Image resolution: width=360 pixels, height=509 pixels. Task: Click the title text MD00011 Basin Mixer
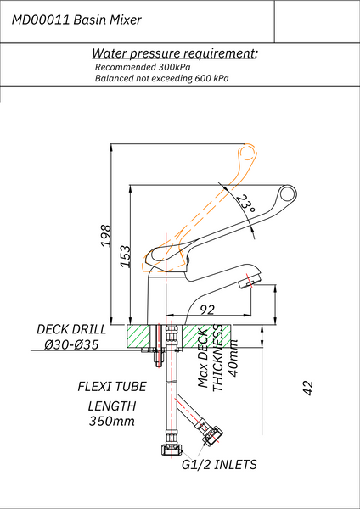click(x=77, y=18)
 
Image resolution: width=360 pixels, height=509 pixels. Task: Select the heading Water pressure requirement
click(x=174, y=53)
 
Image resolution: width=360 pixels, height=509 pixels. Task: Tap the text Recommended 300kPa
click(x=143, y=67)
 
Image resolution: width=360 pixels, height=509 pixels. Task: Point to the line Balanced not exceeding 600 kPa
click(x=162, y=78)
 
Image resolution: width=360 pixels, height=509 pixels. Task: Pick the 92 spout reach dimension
click(x=206, y=310)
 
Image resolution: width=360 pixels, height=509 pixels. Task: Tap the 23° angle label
click(x=246, y=204)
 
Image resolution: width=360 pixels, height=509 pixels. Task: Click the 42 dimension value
click(x=308, y=388)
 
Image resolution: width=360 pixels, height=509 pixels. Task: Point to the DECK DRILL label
click(x=71, y=329)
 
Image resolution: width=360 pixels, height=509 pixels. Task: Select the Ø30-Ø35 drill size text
click(x=72, y=345)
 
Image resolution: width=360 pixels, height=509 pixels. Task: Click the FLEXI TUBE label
click(x=112, y=386)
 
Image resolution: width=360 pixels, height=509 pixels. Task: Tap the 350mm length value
click(x=111, y=422)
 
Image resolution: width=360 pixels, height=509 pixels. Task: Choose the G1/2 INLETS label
click(x=219, y=465)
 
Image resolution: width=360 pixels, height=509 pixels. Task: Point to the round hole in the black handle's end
click(x=289, y=198)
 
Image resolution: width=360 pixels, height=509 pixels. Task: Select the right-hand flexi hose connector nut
click(x=211, y=437)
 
